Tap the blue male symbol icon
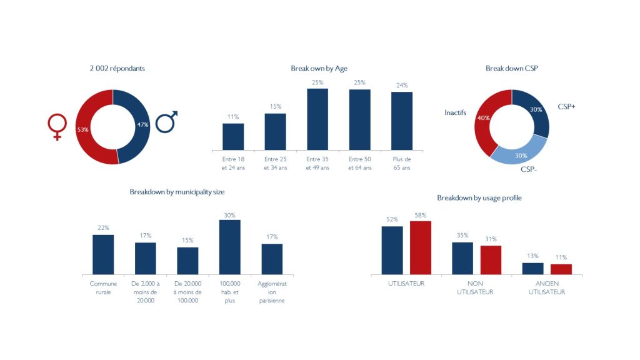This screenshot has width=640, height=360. click(x=166, y=121)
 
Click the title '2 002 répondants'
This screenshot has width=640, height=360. click(x=117, y=68)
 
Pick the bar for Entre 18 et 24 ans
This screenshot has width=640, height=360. click(x=233, y=136)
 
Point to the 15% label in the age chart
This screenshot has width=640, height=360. click(x=275, y=106)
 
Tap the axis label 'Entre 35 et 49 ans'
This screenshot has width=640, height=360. click(x=317, y=164)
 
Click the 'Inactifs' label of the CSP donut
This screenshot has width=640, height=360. click(x=455, y=113)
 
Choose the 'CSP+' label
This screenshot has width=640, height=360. click(x=566, y=107)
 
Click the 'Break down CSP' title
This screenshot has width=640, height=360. click(x=511, y=68)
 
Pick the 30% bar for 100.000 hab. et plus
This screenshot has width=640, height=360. click(x=229, y=246)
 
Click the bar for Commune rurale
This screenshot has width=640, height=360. click(x=103, y=254)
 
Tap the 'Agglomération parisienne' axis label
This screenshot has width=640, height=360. click(x=272, y=292)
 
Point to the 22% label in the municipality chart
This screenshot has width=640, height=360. click(x=103, y=227)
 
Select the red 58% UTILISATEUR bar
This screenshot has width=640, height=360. click(x=421, y=247)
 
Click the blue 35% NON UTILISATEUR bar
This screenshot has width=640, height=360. click(x=462, y=257)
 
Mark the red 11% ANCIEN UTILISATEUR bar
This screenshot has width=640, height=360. click(x=561, y=269)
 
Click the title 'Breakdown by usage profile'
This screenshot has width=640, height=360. click(x=479, y=198)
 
